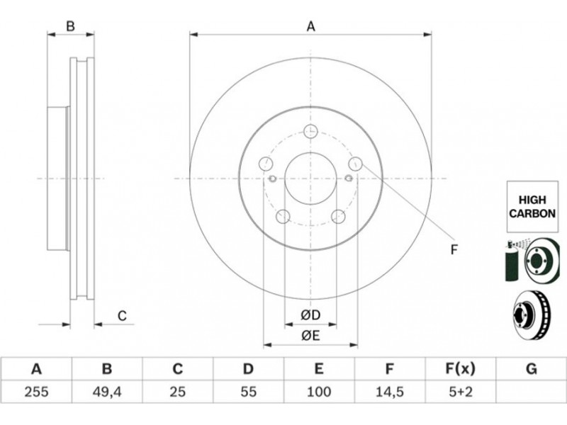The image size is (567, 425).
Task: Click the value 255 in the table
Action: point(36,392)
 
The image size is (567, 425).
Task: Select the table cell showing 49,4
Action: point(107,392)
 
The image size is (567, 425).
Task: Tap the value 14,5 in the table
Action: point(389,392)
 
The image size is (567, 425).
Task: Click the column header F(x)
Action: point(460,369)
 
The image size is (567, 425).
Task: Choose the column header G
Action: point(531,369)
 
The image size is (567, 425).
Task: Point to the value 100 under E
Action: point(318,392)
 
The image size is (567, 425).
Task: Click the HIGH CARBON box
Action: point(532,207)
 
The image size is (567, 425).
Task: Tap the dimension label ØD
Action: point(310,315)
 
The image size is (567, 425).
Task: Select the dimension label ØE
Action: point(310,336)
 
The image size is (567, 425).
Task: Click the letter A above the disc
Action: point(311,27)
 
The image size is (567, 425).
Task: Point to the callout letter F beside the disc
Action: point(454,249)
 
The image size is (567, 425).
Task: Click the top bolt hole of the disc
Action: point(310,131)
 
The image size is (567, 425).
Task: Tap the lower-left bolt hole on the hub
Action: point(283,216)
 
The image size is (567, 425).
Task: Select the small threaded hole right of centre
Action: point(349,178)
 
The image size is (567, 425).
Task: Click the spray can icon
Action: point(511,261)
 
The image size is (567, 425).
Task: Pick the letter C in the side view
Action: point(122,316)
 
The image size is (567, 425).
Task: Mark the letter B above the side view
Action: point(70,26)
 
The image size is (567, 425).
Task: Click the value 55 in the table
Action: point(249,392)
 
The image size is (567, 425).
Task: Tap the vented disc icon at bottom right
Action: point(532,314)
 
